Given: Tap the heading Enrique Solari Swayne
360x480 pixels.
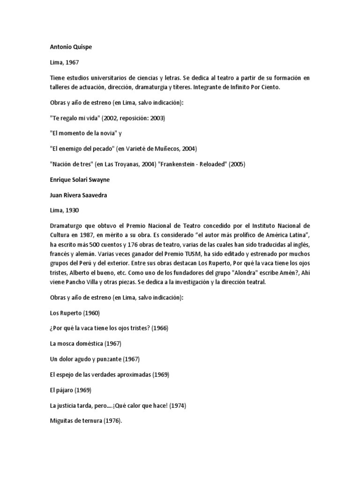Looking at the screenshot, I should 80,180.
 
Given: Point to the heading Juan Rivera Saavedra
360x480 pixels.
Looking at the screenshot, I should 78,195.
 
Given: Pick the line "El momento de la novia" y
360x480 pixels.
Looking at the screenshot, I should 85,133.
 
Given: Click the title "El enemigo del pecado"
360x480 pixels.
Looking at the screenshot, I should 81,149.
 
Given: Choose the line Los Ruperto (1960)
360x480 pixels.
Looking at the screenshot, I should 75,313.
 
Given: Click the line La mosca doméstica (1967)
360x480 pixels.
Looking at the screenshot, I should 85,343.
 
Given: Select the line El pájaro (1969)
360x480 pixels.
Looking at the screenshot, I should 70,390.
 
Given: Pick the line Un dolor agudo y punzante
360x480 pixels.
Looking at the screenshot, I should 95,359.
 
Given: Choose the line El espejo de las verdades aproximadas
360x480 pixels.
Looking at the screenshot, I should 109,375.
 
